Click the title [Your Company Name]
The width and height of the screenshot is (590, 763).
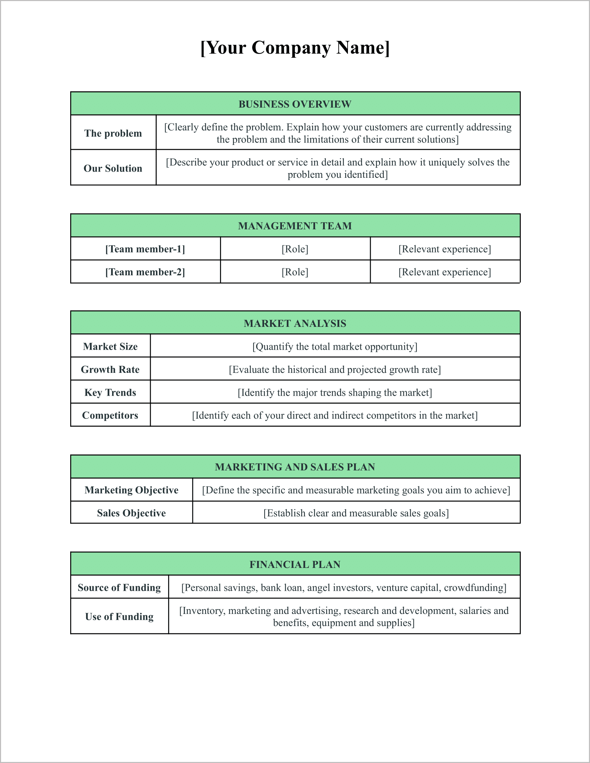(295, 47)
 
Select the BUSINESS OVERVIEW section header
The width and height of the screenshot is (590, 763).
(295, 104)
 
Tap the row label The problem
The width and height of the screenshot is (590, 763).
(113, 133)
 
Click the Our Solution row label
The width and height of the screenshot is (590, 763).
(113, 168)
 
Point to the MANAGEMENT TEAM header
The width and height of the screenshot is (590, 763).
(295, 226)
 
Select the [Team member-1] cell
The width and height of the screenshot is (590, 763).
(145, 249)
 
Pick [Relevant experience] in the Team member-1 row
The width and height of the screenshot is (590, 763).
(445, 249)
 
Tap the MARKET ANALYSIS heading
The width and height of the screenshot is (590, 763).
(295, 323)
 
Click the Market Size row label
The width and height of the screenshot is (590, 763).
(110, 346)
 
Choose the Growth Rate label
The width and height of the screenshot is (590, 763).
(110, 369)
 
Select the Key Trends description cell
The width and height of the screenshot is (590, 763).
(335, 392)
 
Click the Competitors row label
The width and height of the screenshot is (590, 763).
(110, 415)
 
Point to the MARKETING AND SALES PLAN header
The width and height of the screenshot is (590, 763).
(295, 467)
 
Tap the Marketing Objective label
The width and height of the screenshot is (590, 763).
(131, 490)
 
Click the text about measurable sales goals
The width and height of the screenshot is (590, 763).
(356, 513)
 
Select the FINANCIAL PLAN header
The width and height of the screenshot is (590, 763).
(295, 564)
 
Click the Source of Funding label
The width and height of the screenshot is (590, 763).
(119, 587)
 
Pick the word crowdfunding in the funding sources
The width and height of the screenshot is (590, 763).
(474, 588)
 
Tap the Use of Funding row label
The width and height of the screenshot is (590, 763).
(119, 616)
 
